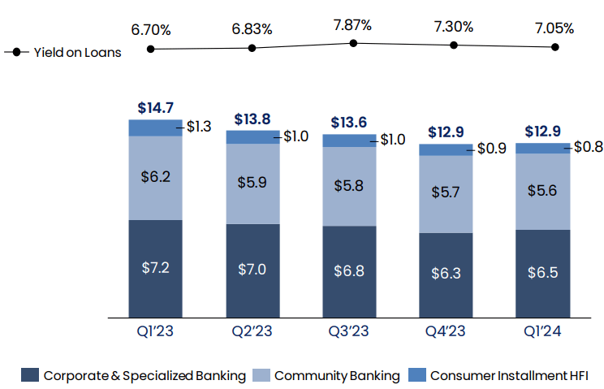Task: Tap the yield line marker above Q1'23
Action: [x=151, y=49]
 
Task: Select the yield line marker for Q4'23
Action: [x=454, y=45]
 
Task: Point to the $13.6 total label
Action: [x=350, y=123]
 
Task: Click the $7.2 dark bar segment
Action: [x=156, y=268]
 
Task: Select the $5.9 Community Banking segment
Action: [x=252, y=184]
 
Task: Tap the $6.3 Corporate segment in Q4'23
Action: [x=447, y=274]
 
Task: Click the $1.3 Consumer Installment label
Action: [x=199, y=127]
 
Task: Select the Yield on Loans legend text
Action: [x=77, y=53]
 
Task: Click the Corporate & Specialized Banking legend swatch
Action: [x=30, y=375]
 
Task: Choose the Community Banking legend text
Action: [x=337, y=375]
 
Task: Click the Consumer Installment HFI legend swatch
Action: [x=416, y=375]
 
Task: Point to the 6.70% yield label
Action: [x=151, y=29]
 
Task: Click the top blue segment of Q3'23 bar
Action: [x=350, y=140]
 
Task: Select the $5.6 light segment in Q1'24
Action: [x=543, y=192]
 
